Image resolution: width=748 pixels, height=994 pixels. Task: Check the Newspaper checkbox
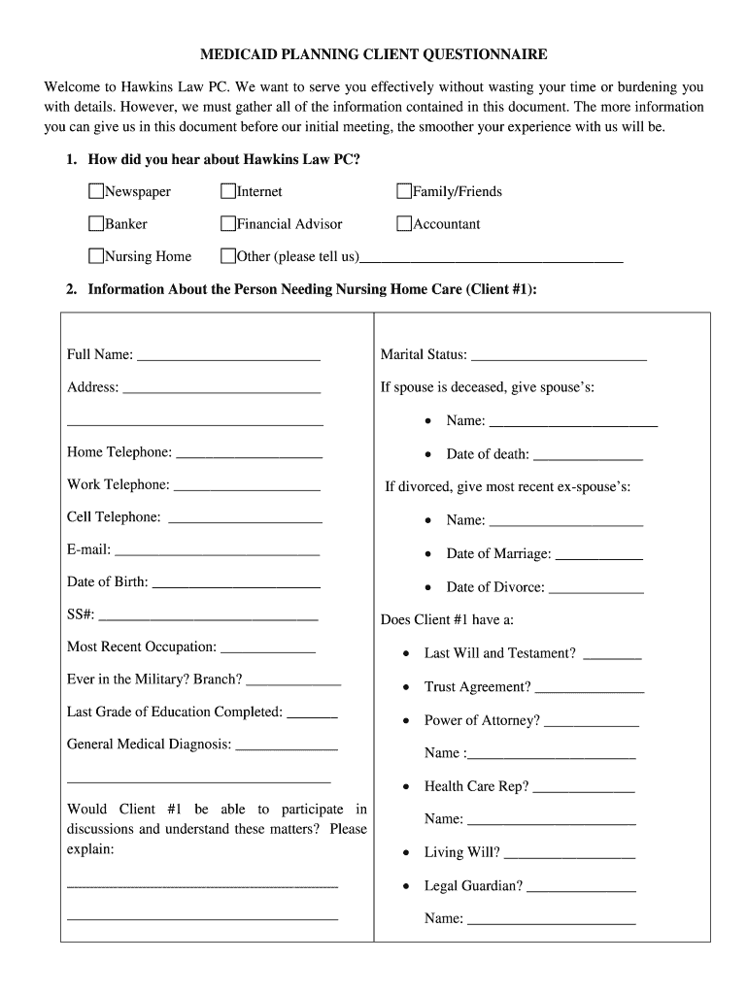pos(96,191)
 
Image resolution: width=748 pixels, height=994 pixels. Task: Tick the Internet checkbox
pos(228,191)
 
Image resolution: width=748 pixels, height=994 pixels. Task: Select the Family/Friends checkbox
pos(404,191)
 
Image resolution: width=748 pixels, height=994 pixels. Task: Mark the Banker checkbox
pos(96,224)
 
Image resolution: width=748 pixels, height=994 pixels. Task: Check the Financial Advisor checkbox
pos(228,224)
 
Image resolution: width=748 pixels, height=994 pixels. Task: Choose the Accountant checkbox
pos(404,224)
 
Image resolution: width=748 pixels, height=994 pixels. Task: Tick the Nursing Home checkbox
pos(96,256)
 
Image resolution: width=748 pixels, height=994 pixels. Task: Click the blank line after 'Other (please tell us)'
pos(491,259)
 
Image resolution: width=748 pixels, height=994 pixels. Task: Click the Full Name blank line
pos(228,357)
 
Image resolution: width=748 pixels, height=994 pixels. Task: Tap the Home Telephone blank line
pos(249,454)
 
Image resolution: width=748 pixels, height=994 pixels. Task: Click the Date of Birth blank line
pos(236,584)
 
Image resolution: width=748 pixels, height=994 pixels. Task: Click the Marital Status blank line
pos(559,357)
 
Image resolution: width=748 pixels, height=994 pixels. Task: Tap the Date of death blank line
pos(588,456)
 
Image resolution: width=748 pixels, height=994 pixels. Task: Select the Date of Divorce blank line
pos(595,589)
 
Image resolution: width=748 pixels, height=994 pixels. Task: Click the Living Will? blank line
pos(569,855)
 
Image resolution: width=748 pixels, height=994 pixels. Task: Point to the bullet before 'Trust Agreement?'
pos(406,687)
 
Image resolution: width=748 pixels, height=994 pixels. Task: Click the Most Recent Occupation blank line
pos(268,649)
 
